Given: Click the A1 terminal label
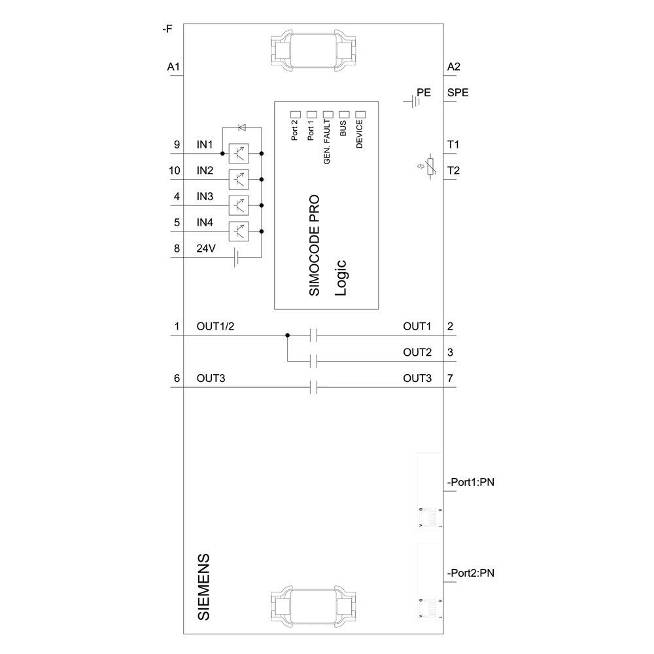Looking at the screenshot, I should (173, 67).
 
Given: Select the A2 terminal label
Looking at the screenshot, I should (454, 67).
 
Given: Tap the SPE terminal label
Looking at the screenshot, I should (457, 93).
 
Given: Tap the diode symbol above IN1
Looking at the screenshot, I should (241, 128).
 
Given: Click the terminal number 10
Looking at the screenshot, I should (174, 171).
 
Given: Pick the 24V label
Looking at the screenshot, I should (205, 249).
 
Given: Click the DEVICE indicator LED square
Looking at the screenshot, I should (360, 114).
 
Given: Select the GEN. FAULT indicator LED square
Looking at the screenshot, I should (327, 114).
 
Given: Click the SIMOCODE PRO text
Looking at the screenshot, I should (314, 245).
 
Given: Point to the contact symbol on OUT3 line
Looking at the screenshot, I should (313, 388).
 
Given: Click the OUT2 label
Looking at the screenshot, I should (417, 353).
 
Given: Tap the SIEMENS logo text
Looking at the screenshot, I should (204, 587).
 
